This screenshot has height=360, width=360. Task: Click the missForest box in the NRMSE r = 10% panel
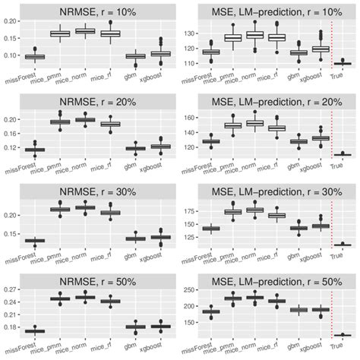coord(35,57)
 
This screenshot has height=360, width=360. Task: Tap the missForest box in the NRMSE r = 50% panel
coord(35,331)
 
